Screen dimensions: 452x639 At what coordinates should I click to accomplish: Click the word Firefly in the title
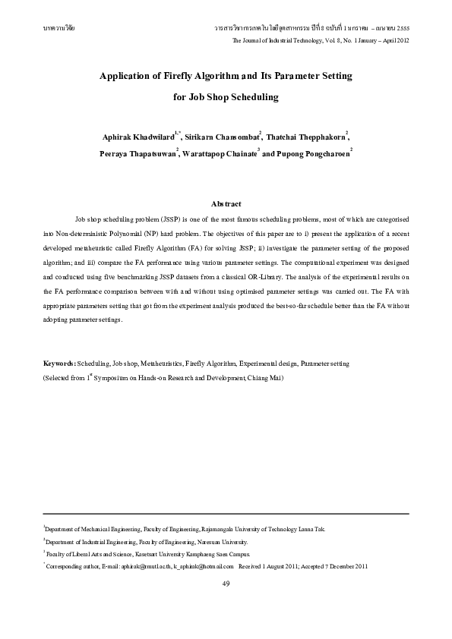pos(180,77)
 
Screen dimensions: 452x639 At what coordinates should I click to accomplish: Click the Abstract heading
pos(226,204)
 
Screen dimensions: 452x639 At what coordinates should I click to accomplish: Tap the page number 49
pos(226,583)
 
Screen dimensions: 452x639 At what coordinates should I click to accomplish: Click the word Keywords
pos(58,364)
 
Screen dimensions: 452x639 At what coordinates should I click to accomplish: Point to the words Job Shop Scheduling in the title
pos(226,97)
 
